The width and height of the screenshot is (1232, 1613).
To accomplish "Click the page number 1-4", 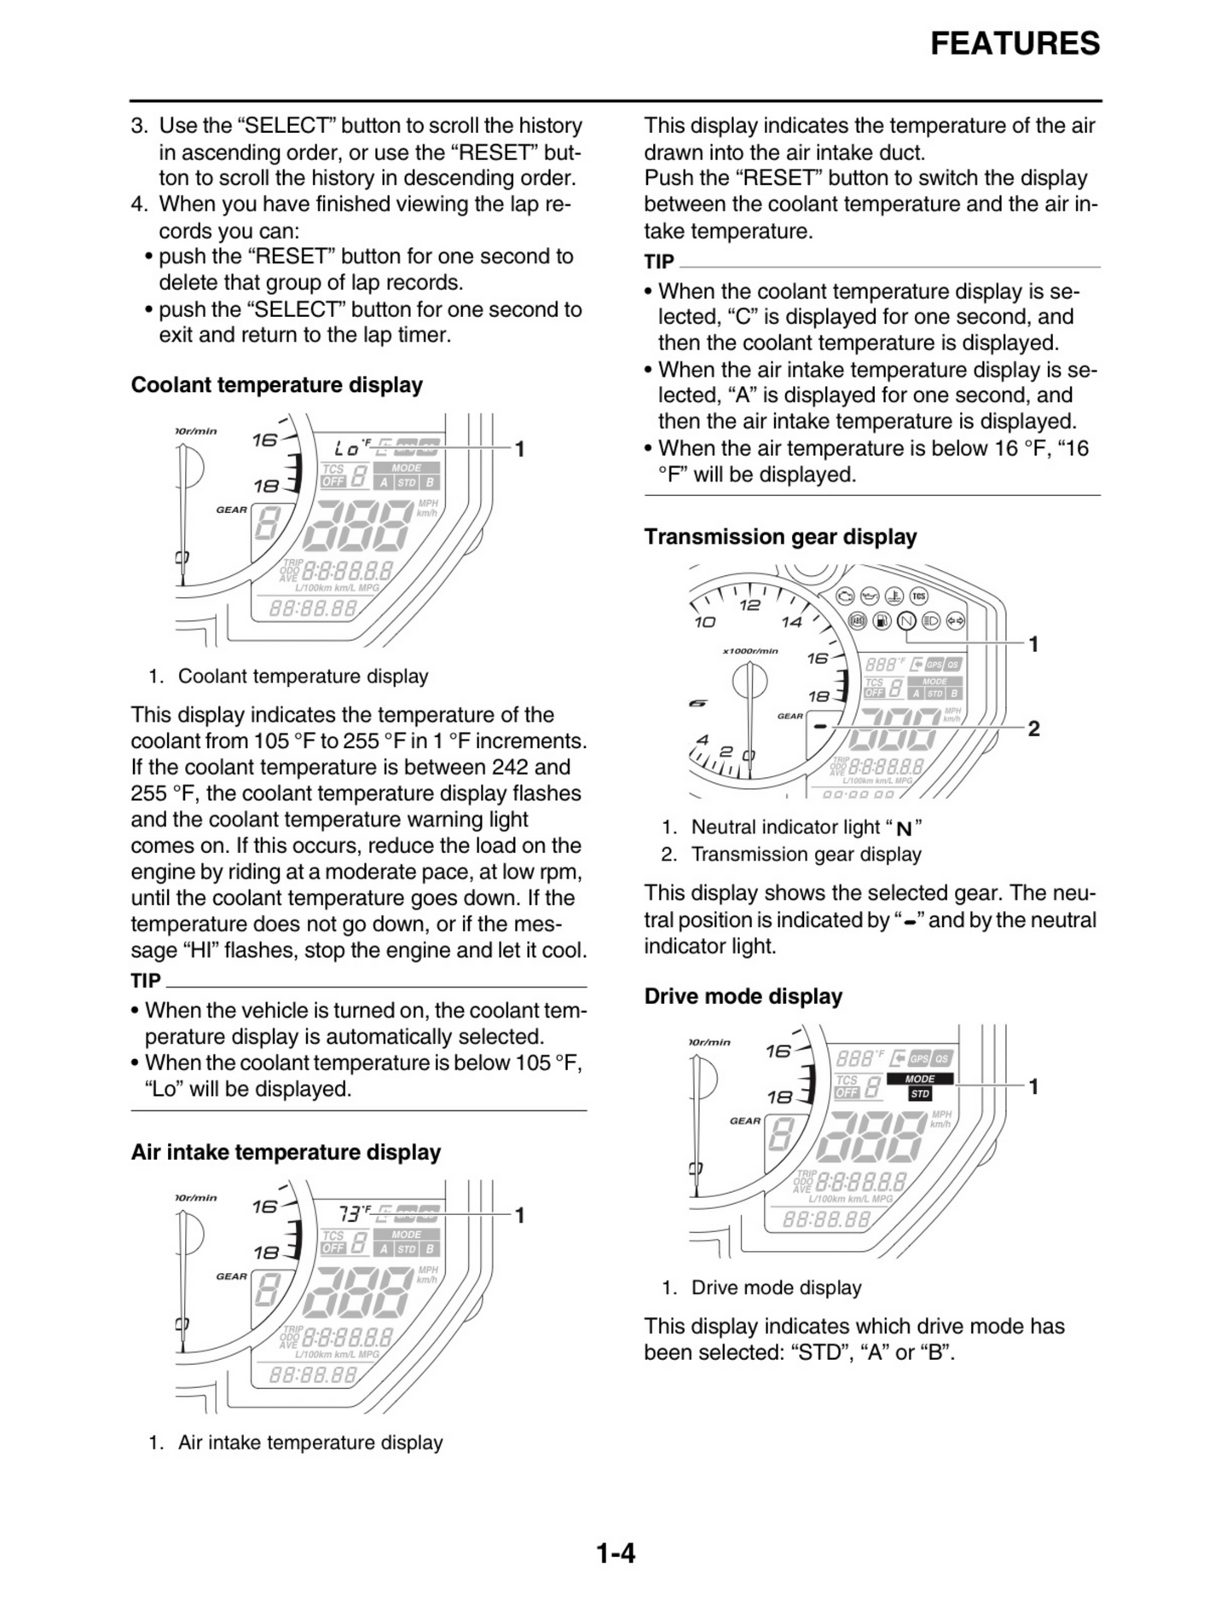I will (616, 1553).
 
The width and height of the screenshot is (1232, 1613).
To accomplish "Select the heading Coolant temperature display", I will (276, 385).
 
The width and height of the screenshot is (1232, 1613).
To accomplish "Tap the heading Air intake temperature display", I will (286, 1152).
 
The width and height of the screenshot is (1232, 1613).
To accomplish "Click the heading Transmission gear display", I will (780, 537).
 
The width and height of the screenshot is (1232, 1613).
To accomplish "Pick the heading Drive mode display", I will (743, 996).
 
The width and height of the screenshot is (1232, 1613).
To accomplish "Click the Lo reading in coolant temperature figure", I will (347, 447).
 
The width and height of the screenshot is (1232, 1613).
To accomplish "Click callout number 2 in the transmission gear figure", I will (1033, 729).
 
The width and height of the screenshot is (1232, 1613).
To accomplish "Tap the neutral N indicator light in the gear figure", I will (906, 621).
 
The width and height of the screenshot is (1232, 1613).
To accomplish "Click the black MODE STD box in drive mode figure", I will (919, 1086).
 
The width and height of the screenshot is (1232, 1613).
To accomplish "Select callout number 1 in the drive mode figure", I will (1033, 1086).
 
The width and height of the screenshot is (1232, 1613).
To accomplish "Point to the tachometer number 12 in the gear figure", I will (749, 605).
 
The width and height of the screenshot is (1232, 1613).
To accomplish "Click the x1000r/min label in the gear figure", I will (749, 651).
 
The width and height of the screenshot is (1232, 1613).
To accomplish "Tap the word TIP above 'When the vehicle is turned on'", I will (146, 981).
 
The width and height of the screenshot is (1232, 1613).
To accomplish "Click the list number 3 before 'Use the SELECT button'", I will (139, 126).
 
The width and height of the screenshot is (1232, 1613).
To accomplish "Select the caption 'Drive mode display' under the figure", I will (776, 1288).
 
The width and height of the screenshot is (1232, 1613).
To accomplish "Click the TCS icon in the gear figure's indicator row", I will (919, 596).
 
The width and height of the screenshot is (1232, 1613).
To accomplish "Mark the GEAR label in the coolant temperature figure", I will (231, 510).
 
